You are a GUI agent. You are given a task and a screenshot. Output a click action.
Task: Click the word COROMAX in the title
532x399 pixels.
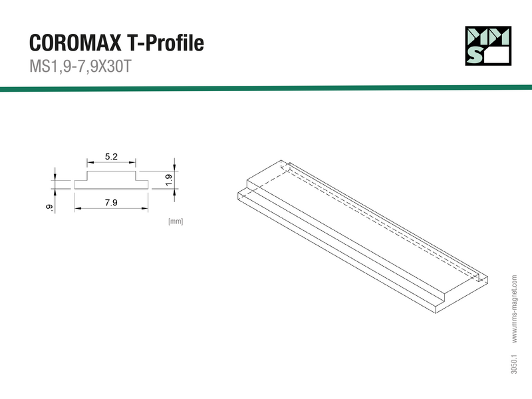(75, 43)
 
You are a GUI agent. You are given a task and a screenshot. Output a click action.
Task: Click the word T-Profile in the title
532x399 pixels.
(166, 43)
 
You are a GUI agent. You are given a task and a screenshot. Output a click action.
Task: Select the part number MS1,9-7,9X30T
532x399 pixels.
(80, 66)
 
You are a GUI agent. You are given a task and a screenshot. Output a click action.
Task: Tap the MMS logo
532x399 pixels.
(488, 46)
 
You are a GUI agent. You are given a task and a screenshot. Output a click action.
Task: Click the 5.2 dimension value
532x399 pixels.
(111, 156)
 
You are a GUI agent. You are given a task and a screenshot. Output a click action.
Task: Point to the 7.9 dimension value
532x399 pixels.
(111, 203)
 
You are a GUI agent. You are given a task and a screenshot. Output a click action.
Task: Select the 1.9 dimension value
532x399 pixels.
(169, 180)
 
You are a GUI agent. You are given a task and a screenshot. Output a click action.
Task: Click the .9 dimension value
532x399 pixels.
(49, 208)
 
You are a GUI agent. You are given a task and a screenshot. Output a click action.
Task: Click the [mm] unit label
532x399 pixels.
(176, 221)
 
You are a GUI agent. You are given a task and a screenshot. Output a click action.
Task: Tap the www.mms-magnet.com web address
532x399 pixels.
(514, 309)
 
